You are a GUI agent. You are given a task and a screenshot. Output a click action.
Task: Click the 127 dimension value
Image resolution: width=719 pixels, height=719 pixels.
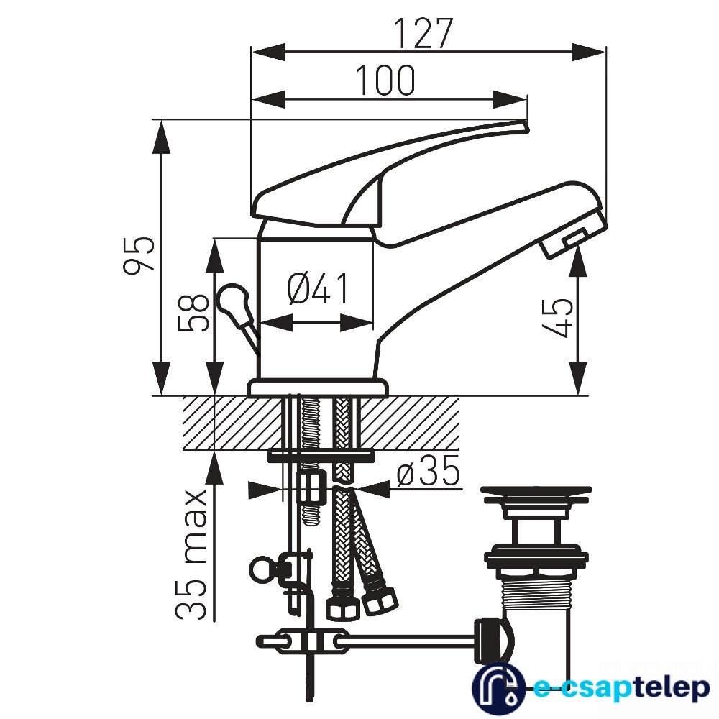[423, 34]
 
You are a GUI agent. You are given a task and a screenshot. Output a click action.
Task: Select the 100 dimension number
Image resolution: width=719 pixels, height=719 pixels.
[385, 81]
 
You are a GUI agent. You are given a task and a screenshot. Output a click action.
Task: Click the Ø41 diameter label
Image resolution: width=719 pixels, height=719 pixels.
[319, 288]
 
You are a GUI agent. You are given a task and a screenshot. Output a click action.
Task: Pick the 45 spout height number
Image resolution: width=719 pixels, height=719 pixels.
[557, 318]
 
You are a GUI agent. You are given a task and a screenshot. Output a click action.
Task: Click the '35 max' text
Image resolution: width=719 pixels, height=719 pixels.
[191, 555]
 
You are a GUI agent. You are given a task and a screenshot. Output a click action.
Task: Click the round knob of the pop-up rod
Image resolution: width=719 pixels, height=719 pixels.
[232, 301]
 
